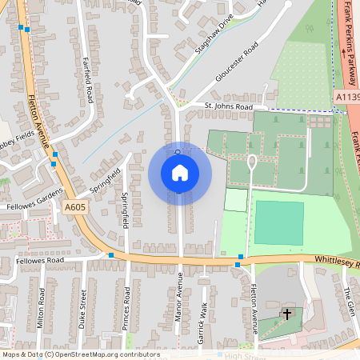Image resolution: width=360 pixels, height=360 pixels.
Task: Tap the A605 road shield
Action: tap(74, 207)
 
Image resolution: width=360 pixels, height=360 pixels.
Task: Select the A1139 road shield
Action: tap(346, 97)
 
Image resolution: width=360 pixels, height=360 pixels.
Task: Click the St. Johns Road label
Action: tap(228, 106)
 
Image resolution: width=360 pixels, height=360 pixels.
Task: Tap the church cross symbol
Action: tap(287, 314)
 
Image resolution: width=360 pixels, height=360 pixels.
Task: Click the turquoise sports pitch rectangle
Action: tap(279, 222)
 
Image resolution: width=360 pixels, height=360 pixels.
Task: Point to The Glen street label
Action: tap(347, 302)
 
